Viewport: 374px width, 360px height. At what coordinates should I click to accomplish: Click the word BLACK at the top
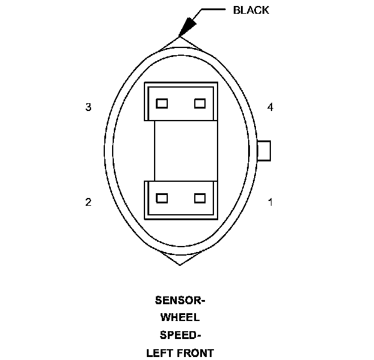251,10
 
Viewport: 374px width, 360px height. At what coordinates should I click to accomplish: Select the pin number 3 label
89,107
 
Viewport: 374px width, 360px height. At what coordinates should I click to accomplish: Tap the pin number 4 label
270,107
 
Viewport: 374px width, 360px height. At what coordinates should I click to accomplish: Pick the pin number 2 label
89,202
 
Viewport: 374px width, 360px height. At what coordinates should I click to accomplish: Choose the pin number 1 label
270,202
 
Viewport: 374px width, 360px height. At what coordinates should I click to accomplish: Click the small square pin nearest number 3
161,103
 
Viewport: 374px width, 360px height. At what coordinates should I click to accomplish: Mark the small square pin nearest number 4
200,103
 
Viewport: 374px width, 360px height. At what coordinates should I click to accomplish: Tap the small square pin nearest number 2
161,198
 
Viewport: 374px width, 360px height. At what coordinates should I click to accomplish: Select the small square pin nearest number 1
200,198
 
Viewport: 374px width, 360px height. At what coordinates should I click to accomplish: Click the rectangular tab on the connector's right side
264,151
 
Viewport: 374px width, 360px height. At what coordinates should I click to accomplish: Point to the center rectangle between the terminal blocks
180,151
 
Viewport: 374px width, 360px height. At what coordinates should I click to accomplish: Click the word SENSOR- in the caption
180,300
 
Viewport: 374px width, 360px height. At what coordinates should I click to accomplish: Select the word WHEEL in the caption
180,317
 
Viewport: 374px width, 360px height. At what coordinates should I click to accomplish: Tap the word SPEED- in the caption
180,335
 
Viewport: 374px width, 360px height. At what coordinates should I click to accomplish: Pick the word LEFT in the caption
160,352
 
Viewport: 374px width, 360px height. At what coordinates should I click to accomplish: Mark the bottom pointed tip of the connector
179,264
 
